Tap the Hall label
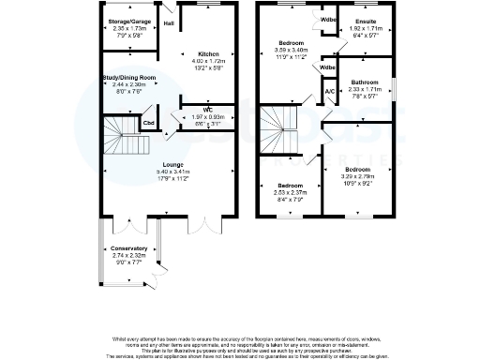[169, 23]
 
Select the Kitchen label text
[207, 54]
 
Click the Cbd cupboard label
[148, 122]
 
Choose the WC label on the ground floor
[207, 110]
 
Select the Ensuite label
[359, 22]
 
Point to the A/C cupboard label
[329, 92]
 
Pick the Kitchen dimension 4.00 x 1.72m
[207, 62]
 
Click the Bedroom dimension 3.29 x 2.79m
[359, 175]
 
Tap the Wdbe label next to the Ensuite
[328, 20]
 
